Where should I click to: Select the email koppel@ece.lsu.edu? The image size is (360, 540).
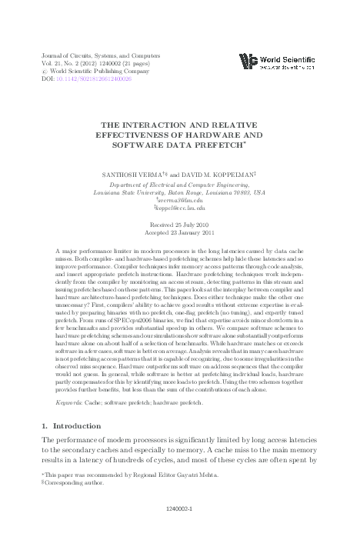(x=180, y=208)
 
